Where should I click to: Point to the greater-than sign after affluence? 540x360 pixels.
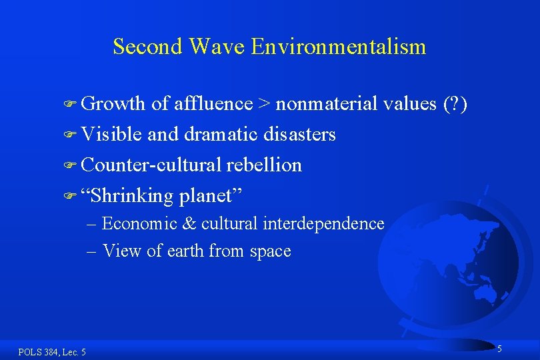[265, 104]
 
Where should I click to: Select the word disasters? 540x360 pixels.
[299, 135]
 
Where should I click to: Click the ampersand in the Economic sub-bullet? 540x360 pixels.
[189, 224]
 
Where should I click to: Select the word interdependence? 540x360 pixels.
[323, 224]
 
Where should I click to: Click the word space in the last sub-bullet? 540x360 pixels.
[269, 251]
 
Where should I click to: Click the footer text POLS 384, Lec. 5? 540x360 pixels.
[52, 352]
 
